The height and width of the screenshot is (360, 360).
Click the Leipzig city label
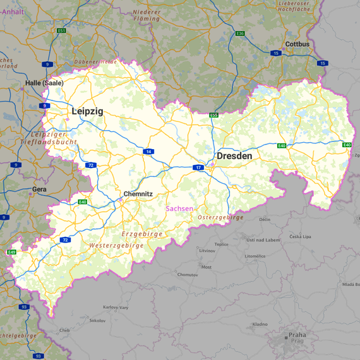[x=87, y=111]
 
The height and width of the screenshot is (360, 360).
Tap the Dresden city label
[x=234, y=155]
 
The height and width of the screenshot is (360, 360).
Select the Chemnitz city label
[x=138, y=194]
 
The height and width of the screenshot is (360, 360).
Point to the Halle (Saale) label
[x=44, y=83]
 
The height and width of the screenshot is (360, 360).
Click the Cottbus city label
[x=297, y=44]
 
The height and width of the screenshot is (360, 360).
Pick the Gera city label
[x=39, y=189]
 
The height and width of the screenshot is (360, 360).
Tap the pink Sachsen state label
[x=179, y=208]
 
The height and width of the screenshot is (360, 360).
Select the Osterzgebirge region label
[x=220, y=217]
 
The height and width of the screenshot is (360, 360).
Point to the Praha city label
[x=297, y=335]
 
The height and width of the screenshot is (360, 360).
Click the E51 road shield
[x=61, y=30]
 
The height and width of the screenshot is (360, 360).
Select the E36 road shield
[x=240, y=33]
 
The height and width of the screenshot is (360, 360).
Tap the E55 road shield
[x=214, y=115]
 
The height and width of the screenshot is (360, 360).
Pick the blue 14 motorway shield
[x=148, y=152]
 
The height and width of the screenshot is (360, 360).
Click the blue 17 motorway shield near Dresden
[x=198, y=167]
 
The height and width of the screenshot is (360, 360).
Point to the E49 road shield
[x=11, y=252]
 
